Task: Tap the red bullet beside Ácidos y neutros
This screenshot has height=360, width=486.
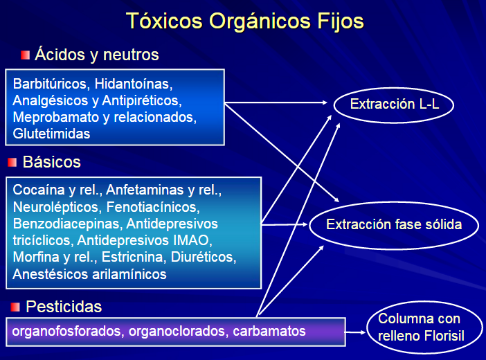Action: pos(26,55)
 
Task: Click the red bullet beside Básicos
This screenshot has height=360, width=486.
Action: pos(13,163)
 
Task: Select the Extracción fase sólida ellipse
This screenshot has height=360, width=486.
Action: pos(393,224)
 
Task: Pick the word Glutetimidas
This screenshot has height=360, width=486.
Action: pos(51,134)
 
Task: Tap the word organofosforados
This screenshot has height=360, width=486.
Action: pos(68,331)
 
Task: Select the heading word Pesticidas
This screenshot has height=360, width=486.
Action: pos(64,306)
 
